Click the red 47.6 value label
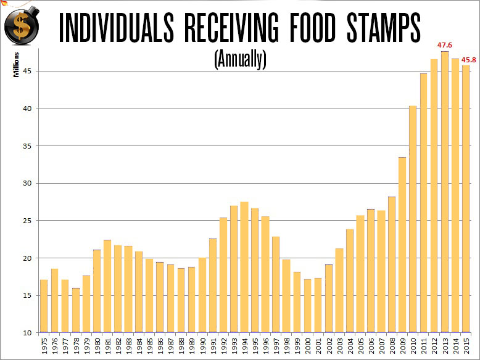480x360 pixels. pyautogui.click(x=445, y=45)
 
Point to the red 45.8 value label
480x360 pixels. pyautogui.click(x=470, y=59)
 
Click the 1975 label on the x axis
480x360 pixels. pyautogui.click(x=44, y=345)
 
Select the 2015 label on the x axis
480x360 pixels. pyautogui.click(x=467, y=345)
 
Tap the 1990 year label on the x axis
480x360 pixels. pyautogui.click(x=202, y=345)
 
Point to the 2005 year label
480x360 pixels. pyautogui.click(x=361, y=345)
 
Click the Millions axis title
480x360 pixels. pyautogui.click(x=18, y=65)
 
